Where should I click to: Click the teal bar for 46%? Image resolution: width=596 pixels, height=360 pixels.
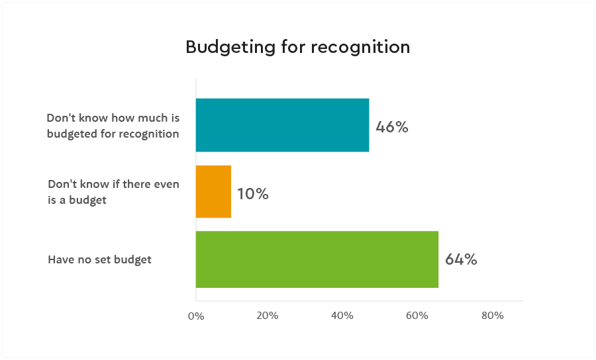tap(282, 125)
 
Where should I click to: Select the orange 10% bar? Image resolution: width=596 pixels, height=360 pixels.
tap(213, 192)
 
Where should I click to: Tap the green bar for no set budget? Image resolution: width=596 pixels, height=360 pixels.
tap(317, 259)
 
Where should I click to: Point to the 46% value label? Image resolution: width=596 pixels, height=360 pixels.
tap(392, 127)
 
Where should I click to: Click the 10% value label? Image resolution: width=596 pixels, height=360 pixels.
tap(252, 194)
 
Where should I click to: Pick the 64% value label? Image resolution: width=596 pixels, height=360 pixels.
tap(461, 259)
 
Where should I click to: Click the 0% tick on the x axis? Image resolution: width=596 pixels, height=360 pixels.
tap(196, 316)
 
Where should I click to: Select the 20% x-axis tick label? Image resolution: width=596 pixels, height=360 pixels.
tap(267, 316)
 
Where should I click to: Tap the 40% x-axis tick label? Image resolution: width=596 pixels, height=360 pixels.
tap(342, 316)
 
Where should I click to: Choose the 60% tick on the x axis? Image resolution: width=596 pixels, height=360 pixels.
tap(417, 316)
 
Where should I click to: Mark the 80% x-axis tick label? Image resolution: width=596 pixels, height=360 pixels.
tap(493, 316)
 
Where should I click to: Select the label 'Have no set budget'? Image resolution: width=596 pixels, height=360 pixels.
tap(99, 259)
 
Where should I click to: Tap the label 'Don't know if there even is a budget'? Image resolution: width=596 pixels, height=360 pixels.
tap(113, 192)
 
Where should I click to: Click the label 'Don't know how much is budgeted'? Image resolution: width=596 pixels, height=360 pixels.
tap(113, 126)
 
